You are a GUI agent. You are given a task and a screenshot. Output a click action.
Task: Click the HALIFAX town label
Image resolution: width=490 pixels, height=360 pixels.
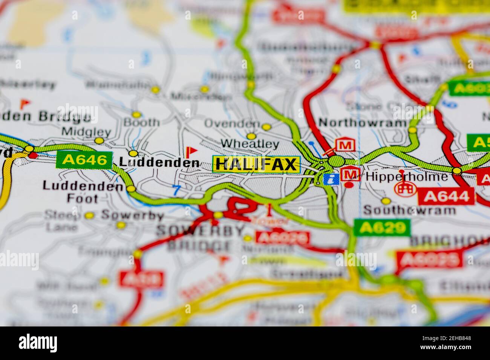[x=256, y=164]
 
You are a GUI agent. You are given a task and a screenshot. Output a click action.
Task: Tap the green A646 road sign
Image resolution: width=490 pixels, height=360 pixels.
[x=84, y=160]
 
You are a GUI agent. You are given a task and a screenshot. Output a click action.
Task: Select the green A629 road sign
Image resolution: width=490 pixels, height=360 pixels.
[x=382, y=227]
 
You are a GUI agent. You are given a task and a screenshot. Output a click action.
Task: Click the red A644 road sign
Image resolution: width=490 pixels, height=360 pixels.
[x=446, y=197]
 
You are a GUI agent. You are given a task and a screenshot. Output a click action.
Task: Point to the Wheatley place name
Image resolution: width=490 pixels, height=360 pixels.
[x=250, y=144]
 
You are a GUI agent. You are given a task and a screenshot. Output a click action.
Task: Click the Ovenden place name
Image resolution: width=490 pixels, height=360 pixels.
[x=232, y=124]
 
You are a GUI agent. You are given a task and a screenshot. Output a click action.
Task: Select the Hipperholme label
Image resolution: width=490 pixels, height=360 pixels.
[x=407, y=177]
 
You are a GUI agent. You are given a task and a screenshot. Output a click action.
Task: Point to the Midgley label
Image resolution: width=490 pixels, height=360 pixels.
[x=86, y=132]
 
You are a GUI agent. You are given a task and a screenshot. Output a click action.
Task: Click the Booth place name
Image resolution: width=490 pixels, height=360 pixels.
[x=141, y=122]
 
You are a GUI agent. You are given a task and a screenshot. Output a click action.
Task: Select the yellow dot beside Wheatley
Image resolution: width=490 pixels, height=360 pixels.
[x=251, y=136]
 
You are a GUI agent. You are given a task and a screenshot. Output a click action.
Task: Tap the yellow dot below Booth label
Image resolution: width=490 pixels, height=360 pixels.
[x=133, y=153]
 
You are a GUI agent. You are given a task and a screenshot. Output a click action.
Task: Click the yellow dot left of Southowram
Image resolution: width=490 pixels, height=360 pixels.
[x=385, y=201]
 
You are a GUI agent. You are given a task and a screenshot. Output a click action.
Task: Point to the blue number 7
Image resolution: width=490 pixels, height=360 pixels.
[x=176, y=191]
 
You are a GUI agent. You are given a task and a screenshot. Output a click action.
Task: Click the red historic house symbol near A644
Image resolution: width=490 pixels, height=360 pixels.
[x=405, y=187]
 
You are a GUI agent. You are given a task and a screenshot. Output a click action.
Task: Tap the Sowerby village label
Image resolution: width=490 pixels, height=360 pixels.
[x=132, y=216]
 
